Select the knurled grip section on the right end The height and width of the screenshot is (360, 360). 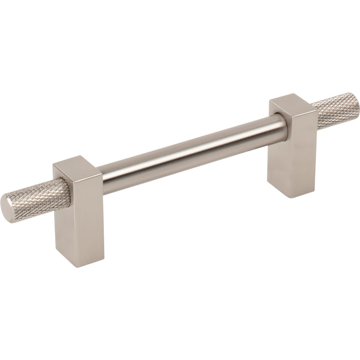(x=329, y=110)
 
